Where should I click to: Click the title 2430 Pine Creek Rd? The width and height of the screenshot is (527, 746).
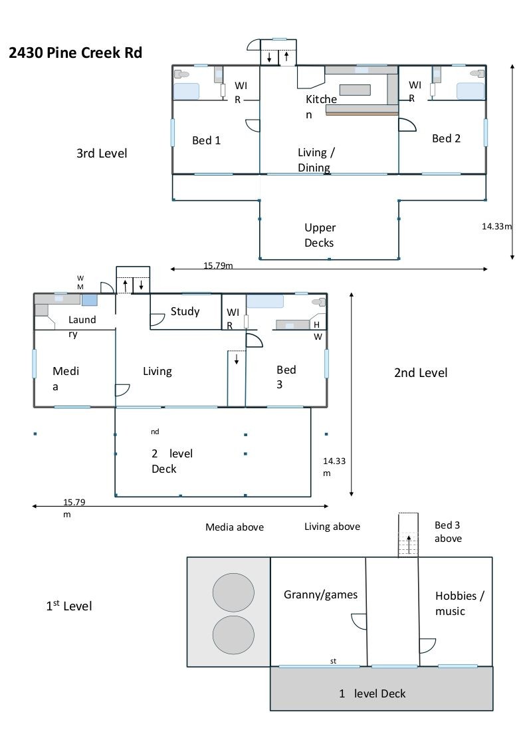click(75, 53)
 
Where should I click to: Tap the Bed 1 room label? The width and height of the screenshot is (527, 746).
click(206, 140)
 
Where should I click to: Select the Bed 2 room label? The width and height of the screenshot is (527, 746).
click(446, 138)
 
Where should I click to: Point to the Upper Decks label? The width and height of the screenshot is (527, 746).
click(320, 235)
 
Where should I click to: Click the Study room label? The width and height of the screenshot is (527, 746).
click(185, 311)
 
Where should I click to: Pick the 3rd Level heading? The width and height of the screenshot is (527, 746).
click(102, 153)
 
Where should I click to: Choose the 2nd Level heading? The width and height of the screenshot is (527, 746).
click(421, 372)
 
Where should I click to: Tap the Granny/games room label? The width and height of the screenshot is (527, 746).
click(320, 594)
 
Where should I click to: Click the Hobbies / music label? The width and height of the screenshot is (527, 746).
click(460, 603)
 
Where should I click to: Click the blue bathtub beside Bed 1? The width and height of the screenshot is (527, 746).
click(187, 91)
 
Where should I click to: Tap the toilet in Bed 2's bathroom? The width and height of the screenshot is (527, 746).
click(476, 73)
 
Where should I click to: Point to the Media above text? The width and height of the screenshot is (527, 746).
click(235, 527)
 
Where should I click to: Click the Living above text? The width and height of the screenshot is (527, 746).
click(332, 527)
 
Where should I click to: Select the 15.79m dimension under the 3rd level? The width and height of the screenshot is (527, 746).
click(219, 266)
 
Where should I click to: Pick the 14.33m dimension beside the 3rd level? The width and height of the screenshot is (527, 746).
click(497, 226)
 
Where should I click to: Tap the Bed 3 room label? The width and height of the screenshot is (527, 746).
click(286, 376)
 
